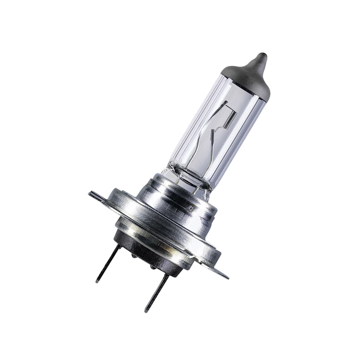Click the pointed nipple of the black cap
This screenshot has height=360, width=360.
pyautogui.click(x=260, y=58)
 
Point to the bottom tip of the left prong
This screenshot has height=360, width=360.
pyautogui.click(x=97, y=281)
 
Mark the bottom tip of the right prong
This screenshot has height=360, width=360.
pyautogui.click(x=146, y=310)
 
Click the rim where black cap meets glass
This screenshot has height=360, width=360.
pyautogui.click(x=240, y=87)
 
